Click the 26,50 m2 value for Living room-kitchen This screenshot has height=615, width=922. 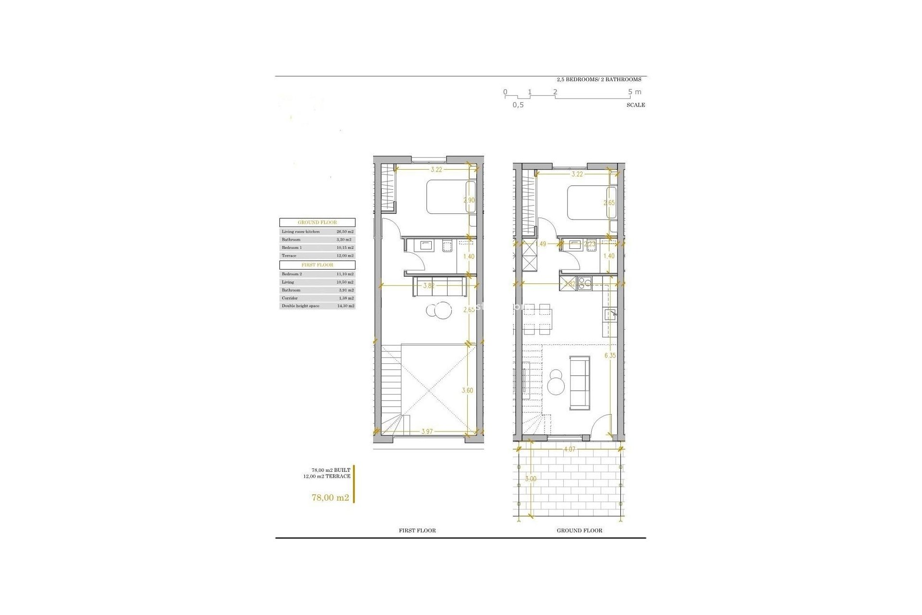(345, 232)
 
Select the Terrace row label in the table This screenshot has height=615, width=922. (289, 256)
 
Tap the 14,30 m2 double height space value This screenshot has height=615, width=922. (345, 306)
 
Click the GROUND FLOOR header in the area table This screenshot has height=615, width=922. (317, 222)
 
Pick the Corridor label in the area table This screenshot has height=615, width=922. (290, 298)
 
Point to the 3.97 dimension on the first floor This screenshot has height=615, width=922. (427, 431)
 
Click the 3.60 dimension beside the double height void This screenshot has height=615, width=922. (467, 390)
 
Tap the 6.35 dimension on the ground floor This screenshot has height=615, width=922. (610, 356)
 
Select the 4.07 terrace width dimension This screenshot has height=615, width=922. (570, 449)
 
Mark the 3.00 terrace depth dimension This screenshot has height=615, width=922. (531, 479)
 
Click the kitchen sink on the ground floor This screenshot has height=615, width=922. (610, 315)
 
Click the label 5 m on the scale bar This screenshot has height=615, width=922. (634, 92)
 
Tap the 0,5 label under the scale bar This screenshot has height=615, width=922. (518, 105)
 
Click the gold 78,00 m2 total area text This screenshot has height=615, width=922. (330, 498)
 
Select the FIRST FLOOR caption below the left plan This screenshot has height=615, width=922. (417, 530)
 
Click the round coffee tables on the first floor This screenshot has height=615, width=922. (439, 310)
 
